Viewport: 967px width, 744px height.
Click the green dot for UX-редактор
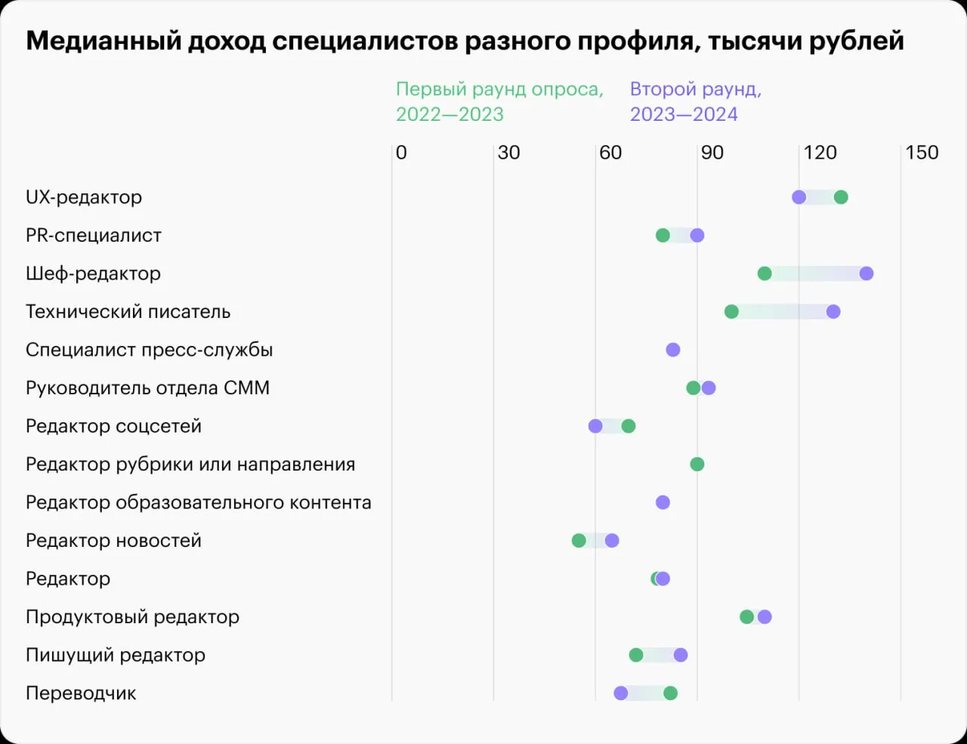(841, 197)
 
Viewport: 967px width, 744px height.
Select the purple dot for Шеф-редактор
(866, 273)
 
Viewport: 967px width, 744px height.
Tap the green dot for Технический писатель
(731, 312)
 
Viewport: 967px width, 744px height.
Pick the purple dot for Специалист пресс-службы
(673, 350)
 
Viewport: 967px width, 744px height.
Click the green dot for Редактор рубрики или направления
(697, 465)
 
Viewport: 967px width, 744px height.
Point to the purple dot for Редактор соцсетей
(595, 426)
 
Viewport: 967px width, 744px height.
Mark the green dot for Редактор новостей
(579, 541)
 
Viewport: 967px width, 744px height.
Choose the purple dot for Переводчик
(621, 693)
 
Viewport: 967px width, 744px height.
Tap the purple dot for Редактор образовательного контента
(663, 502)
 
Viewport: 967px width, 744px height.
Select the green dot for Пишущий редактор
(636, 655)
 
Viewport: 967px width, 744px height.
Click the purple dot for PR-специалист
(697, 235)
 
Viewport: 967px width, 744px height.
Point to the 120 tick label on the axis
(820, 153)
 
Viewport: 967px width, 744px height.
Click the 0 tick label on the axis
(401, 153)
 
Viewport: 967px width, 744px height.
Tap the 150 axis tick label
(922, 153)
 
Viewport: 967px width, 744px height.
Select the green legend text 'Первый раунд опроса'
(500, 90)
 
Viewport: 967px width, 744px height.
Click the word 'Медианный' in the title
(103, 41)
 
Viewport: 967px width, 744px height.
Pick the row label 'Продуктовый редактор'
(133, 617)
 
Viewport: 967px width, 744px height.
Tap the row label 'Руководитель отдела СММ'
(148, 387)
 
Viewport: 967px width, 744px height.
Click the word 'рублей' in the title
(857, 42)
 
